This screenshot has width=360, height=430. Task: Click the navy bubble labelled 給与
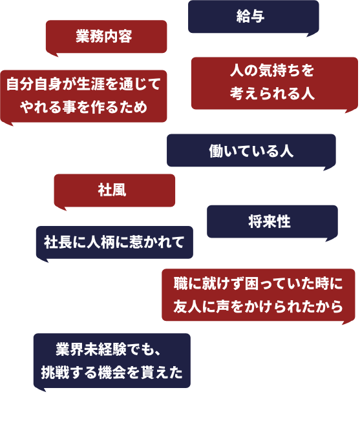253,17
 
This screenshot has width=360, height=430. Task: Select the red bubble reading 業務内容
106,37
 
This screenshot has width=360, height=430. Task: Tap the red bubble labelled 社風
114,190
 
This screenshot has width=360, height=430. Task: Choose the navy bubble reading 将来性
272,221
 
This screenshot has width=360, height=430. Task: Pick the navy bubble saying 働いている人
251,150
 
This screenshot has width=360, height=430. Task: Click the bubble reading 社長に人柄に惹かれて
114,243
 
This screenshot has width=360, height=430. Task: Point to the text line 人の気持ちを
272,71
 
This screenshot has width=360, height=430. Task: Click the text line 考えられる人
272,94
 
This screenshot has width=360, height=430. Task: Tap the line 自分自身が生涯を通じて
83,84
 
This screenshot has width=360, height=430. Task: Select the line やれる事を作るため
83,107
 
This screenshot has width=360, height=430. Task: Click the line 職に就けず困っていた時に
258,283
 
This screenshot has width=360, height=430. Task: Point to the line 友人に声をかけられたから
258,306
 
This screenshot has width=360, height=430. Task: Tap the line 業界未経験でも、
108,349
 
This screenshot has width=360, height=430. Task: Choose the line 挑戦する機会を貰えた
112,373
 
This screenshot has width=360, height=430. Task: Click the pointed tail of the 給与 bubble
311,34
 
